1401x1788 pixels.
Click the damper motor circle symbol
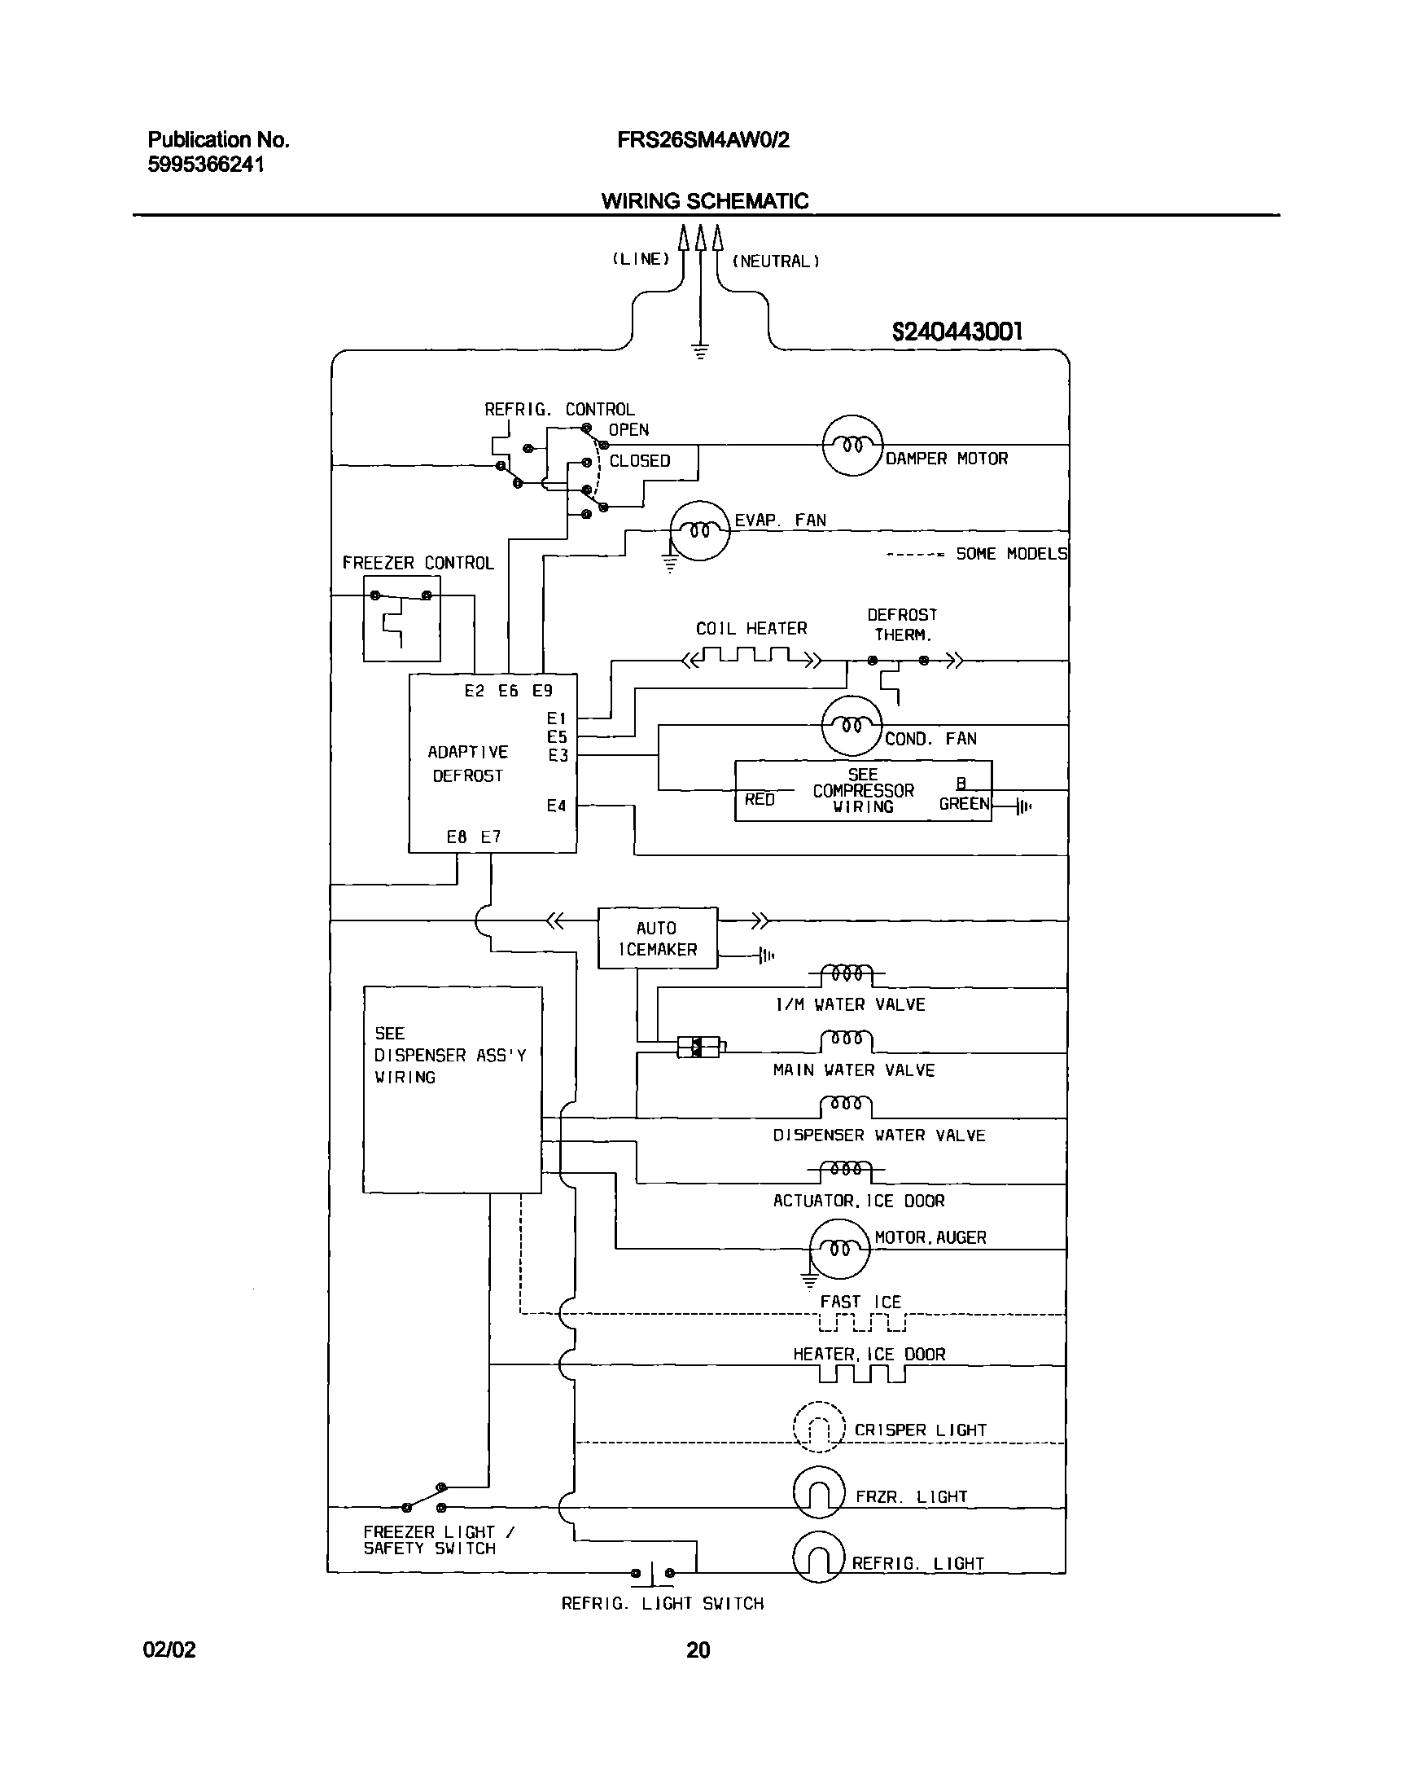pos(852,446)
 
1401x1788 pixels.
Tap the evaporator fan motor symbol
pos(699,531)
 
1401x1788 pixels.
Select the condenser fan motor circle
pos(852,725)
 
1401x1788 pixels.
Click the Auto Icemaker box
pos(657,938)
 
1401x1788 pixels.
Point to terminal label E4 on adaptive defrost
pos(556,806)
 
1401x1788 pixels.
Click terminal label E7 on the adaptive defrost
pos(491,837)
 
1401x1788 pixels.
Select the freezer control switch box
pos(402,619)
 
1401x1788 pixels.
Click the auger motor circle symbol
pos(839,1250)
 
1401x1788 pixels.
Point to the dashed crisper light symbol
pos(819,1428)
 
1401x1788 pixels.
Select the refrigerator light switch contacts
pos(653,1573)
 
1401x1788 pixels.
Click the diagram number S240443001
pos(957,332)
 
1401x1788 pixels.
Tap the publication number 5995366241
pos(206,165)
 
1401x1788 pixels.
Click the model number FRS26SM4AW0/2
pos(703,140)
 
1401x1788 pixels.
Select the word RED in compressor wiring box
pos(760,799)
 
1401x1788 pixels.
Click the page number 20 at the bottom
pos(698,1650)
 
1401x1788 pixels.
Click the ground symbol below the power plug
pos(699,352)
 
